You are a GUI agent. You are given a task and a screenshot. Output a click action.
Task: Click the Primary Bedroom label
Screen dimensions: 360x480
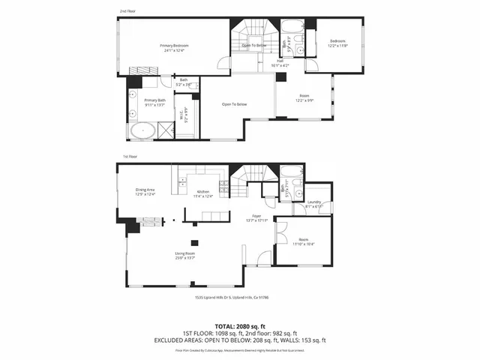tap(174, 46)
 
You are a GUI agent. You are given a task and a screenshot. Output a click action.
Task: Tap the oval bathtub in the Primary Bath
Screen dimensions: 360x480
tap(142, 131)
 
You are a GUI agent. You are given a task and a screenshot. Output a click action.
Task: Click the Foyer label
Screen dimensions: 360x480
tap(256, 217)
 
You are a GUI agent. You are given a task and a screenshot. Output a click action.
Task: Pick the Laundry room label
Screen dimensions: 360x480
tap(315, 202)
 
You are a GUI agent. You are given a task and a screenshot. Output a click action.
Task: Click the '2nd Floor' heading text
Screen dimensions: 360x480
tap(127, 11)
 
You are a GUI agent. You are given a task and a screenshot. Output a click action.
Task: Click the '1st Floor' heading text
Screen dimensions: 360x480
tap(130, 157)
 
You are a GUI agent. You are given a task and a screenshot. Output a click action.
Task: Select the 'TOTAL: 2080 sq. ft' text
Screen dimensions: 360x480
tap(240, 326)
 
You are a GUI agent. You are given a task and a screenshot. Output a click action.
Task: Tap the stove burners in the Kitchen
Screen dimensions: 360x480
tap(223, 185)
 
